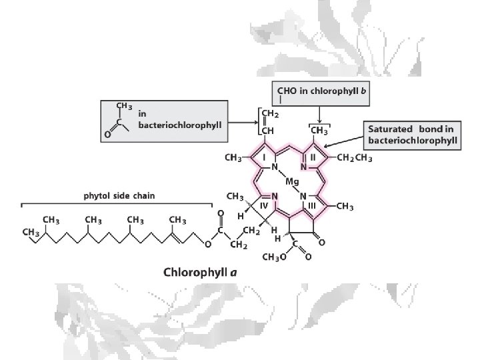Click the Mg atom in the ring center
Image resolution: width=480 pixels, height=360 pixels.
coord(292,181)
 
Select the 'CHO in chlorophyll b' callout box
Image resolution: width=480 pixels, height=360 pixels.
coord(321,91)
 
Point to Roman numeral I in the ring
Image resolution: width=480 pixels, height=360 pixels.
coord(264,157)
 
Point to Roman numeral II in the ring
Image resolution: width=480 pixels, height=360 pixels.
coord(313,157)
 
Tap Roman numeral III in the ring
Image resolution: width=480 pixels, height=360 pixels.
coord(311,206)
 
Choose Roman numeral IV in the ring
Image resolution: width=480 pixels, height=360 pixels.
coord(264,206)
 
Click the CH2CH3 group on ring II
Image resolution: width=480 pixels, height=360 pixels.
coord(355,159)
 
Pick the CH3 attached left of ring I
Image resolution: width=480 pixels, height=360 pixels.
coord(234,159)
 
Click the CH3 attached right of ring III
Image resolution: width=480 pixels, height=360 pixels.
coord(345,207)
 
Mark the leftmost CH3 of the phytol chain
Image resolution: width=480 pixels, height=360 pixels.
coord(30,232)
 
